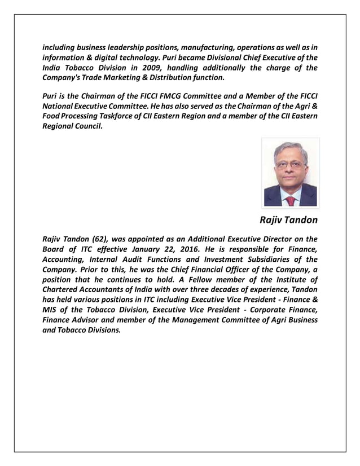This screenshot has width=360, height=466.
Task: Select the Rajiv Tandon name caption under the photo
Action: tap(289, 219)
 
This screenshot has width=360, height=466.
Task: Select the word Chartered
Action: tap(63, 289)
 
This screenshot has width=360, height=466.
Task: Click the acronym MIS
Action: tap(52, 310)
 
